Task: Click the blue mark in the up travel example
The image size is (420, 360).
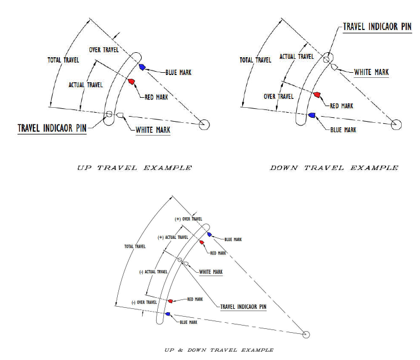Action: (x=142, y=67)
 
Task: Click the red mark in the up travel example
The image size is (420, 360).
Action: (x=131, y=82)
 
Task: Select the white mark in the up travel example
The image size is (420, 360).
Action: (x=120, y=115)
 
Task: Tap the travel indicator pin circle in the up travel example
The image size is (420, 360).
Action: (x=109, y=114)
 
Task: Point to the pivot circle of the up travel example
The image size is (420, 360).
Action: (x=204, y=124)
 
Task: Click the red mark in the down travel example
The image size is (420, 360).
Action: (x=317, y=94)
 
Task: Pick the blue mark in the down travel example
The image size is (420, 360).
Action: (x=312, y=115)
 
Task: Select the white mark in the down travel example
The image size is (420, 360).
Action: (x=334, y=67)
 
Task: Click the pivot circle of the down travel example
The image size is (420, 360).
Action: (x=396, y=124)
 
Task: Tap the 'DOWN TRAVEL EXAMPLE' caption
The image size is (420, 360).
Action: (x=334, y=168)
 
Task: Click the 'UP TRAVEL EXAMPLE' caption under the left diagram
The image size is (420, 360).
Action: (x=134, y=168)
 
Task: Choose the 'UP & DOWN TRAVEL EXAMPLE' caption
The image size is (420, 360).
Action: (x=219, y=350)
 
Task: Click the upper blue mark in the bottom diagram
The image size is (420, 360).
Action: (x=209, y=234)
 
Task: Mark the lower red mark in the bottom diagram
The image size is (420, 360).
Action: (x=171, y=301)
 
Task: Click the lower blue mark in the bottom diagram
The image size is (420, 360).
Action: (x=168, y=314)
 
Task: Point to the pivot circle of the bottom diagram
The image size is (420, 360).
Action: (x=306, y=334)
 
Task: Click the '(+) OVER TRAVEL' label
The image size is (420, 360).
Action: (x=188, y=219)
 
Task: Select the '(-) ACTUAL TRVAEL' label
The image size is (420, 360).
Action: (x=153, y=272)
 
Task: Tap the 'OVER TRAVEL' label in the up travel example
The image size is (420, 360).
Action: (x=104, y=50)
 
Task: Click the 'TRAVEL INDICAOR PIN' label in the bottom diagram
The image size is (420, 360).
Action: (x=243, y=307)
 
